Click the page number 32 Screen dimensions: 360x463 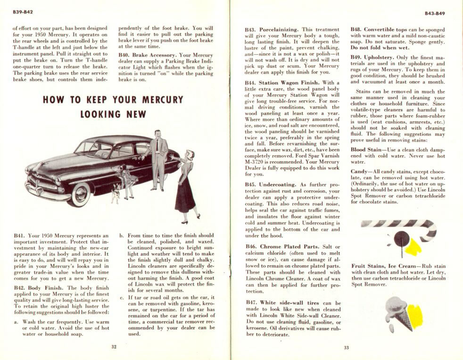[x=114, y=347]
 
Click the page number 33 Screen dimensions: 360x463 [x=346, y=348]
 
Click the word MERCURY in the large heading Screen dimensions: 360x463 [x=158, y=100]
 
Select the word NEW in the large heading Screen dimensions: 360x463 [x=136, y=114]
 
